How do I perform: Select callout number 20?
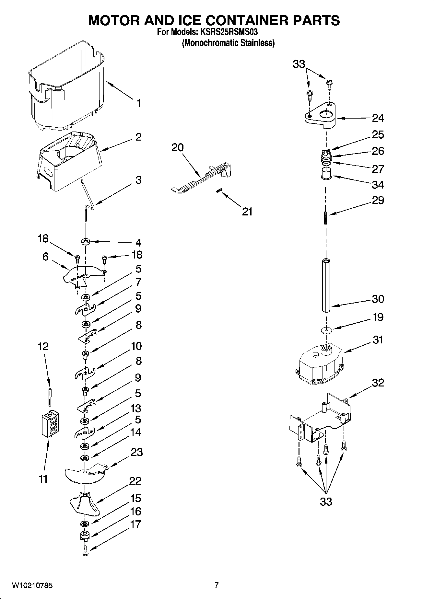177,148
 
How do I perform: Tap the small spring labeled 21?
219,191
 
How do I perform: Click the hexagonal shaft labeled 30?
326,285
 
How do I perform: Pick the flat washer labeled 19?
326,330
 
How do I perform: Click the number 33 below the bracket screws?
326,502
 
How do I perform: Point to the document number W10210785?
32,585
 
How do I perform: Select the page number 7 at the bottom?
217,585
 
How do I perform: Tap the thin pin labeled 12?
49,397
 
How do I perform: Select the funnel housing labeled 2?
70,159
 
